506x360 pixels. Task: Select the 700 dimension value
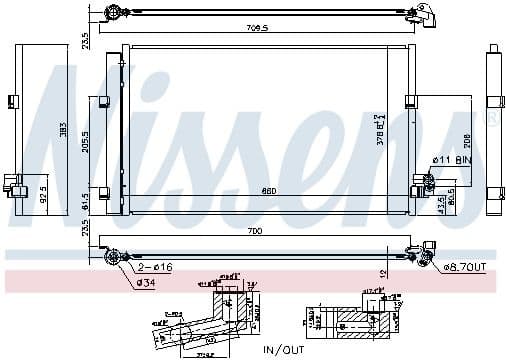254,231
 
